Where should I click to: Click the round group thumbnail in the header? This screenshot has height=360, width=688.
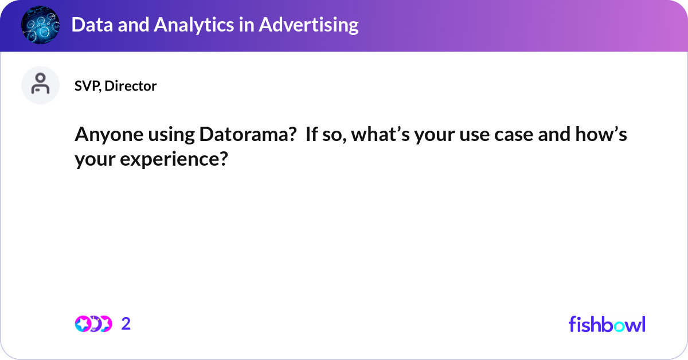(x=41, y=25)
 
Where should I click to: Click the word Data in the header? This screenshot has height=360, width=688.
(x=89, y=25)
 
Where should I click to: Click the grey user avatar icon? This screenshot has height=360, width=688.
(x=40, y=85)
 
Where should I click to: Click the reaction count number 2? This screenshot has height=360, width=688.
(x=126, y=324)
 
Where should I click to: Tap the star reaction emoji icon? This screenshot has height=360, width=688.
(x=83, y=324)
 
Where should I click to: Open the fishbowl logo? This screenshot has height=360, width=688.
(x=607, y=324)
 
